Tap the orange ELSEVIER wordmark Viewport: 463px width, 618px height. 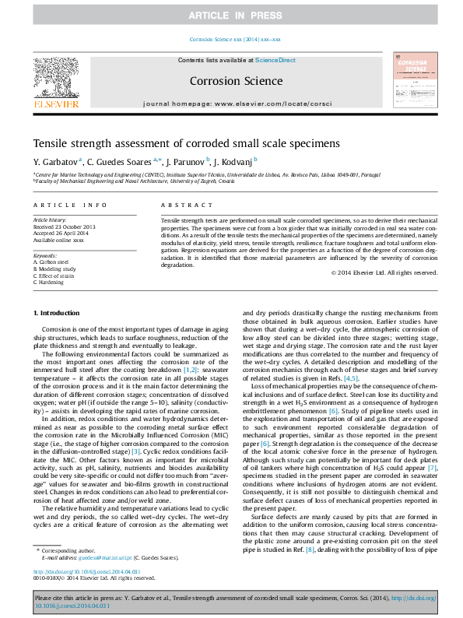tap(55, 104)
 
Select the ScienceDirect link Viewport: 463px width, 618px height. tap(275, 60)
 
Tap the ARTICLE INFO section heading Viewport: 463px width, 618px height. tap(70, 205)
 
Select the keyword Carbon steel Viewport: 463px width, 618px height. tap(53, 262)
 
